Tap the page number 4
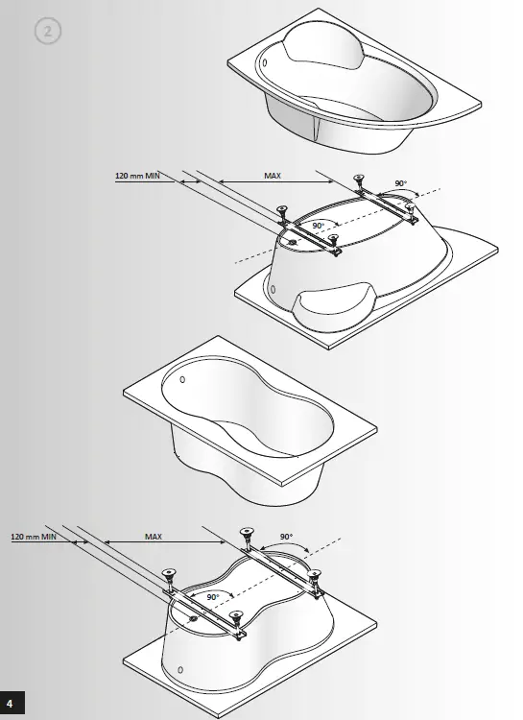coord(11,707)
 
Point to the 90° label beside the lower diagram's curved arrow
coord(286,538)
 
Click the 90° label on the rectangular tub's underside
coord(212,597)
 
